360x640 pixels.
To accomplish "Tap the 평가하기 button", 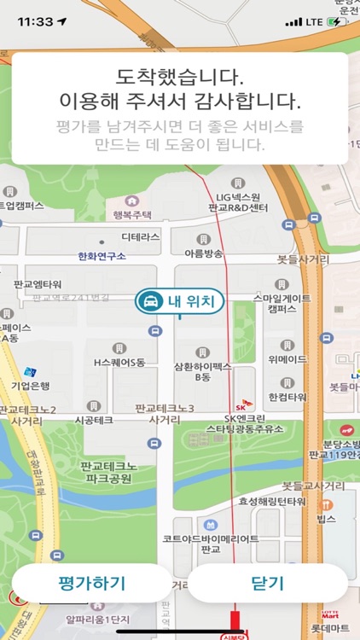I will click(x=91, y=584).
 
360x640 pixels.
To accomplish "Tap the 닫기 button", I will click(x=267, y=584).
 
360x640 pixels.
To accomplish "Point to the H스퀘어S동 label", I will click(x=119, y=362).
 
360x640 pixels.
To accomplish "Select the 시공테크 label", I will click(x=94, y=420).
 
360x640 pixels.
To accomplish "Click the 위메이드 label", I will click(x=287, y=358).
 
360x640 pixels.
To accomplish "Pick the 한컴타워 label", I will click(x=287, y=397).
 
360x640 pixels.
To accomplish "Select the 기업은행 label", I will click(x=31, y=387).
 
